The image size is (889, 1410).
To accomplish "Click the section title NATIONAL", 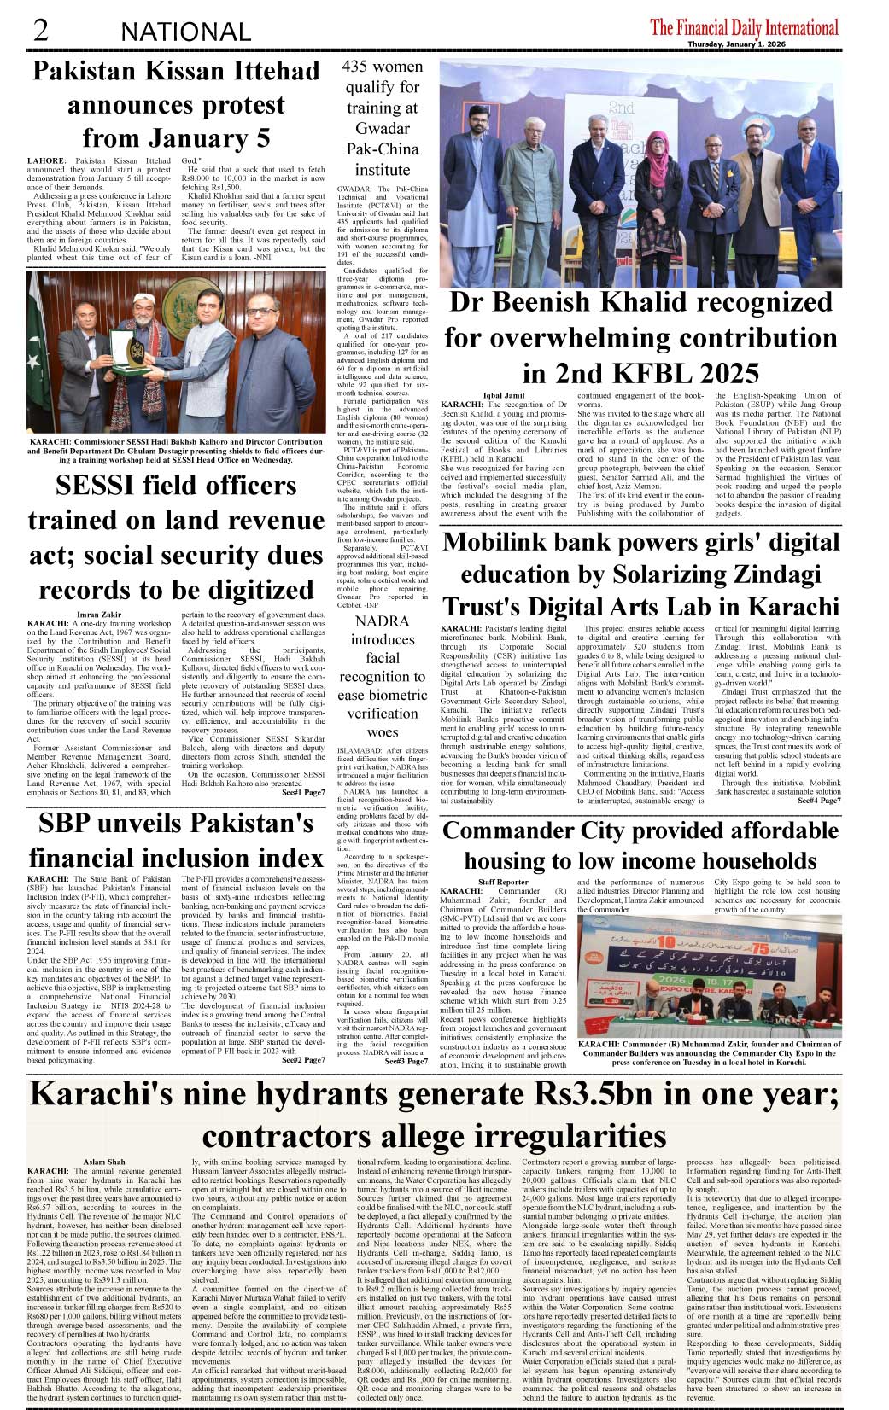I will (x=185, y=32).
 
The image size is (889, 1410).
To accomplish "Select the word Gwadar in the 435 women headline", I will (x=382, y=128).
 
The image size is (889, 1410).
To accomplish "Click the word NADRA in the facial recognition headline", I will (x=382, y=621).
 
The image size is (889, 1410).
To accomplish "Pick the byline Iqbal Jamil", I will (x=504, y=396).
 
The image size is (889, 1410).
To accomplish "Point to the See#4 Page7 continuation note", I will (x=819, y=800).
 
